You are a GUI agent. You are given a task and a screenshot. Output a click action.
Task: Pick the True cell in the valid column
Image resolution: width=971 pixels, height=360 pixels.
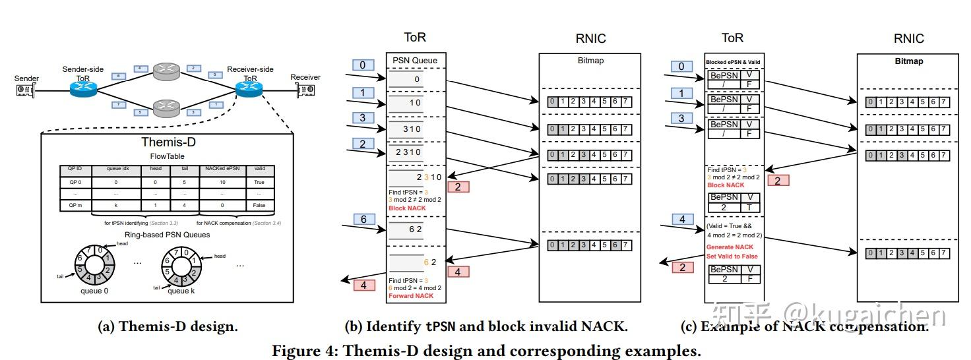tap(259, 181)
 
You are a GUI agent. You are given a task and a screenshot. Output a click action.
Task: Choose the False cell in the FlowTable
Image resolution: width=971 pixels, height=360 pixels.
tap(259, 206)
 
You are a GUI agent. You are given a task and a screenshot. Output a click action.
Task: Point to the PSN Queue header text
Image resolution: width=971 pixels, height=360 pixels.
tap(416, 61)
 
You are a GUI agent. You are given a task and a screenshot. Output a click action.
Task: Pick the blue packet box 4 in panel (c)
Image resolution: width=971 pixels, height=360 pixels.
tap(681, 220)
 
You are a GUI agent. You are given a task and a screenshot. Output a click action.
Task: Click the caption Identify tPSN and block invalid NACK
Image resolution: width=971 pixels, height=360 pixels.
tap(486, 326)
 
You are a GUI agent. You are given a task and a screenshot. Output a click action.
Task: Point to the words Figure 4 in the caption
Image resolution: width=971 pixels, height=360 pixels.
tap(305, 350)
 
